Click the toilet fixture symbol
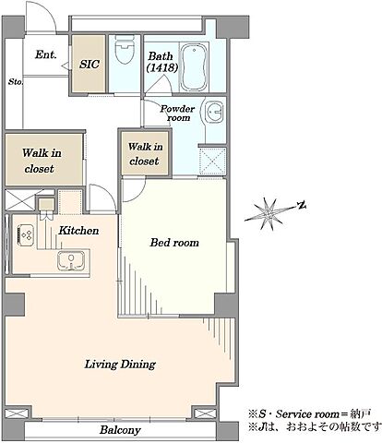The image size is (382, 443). (x=125, y=49)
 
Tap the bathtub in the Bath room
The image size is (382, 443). (x=194, y=67)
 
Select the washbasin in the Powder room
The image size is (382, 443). (x=213, y=112)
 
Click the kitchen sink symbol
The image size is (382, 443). (x=71, y=261)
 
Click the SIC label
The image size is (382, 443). (x=90, y=64)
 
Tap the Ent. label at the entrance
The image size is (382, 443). (x=46, y=54)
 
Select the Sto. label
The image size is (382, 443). (x=16, y=82)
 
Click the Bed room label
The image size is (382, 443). (x=174, y=243)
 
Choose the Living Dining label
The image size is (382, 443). (x=120, y=365)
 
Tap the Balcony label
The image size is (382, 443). (x=120, y=430)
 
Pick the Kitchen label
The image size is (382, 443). (x=78, y=231)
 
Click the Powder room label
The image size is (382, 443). (x=177, y=113)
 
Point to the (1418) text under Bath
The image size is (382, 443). (x=162, y=67)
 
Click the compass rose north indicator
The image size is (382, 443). (x=302, y=205)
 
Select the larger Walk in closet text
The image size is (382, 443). (x=42, y=161)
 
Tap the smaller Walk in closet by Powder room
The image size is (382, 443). (x=145, y=154)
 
